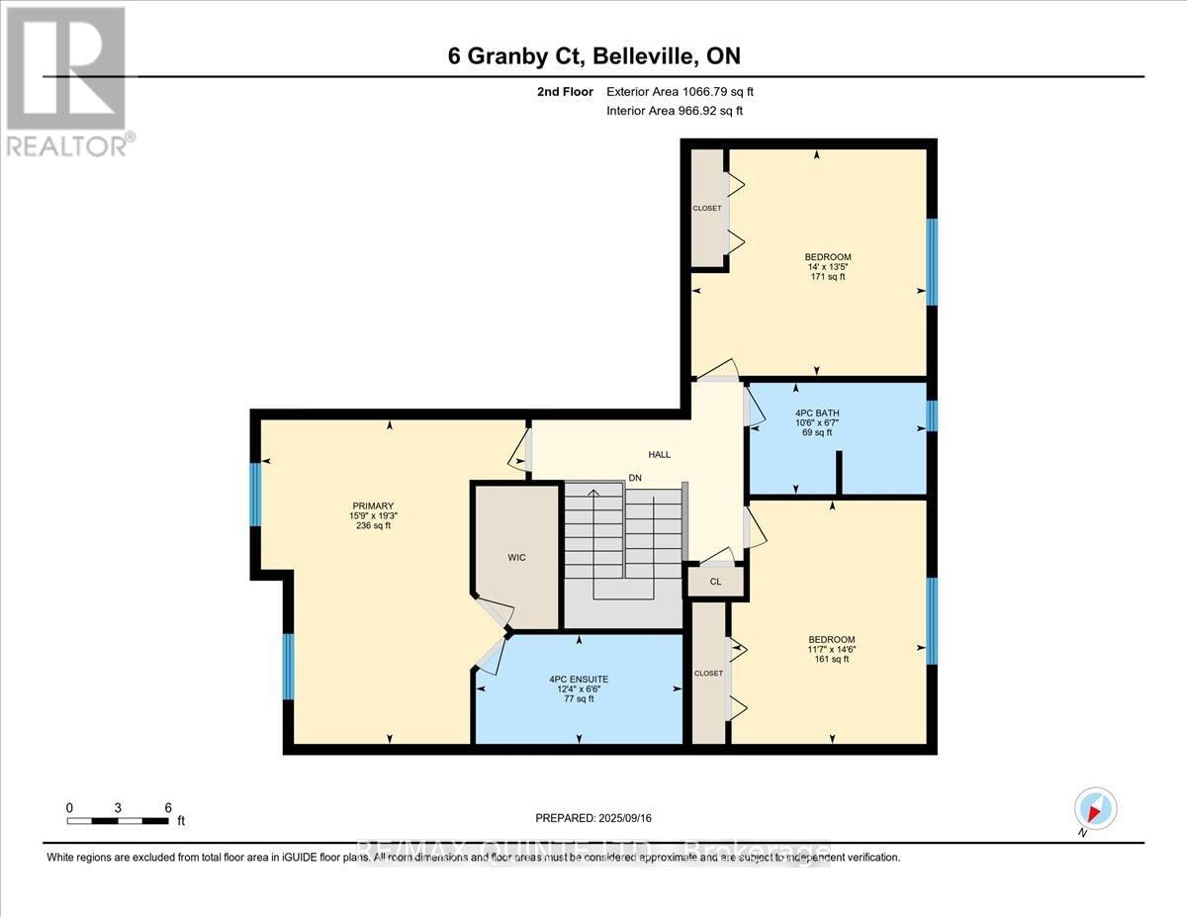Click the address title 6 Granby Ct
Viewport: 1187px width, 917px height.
[x=593, y=56]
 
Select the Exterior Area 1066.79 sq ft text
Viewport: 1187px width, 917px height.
[x=686, y=92]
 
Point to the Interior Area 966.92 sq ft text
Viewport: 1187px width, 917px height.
[x=674, y=111]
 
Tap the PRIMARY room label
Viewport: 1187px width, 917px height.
[x=366, y=505]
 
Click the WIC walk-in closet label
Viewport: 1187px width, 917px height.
[x=516, y=557]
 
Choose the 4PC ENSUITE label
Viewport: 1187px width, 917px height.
[x=579, y=680]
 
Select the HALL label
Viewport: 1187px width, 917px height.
[x=659, y=455]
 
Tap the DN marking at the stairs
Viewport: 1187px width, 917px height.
[x=635, y=479]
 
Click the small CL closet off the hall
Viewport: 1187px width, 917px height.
[x=715, y=582]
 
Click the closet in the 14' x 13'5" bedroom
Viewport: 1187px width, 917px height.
[x=707, y=208]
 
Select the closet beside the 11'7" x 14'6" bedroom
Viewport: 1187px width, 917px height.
[x=708, y=673]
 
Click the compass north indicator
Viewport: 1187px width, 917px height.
[x=1094, y=809]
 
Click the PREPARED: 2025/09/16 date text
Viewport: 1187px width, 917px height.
[x=593, y=818]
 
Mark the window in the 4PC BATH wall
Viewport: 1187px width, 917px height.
[x=931, y=416]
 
